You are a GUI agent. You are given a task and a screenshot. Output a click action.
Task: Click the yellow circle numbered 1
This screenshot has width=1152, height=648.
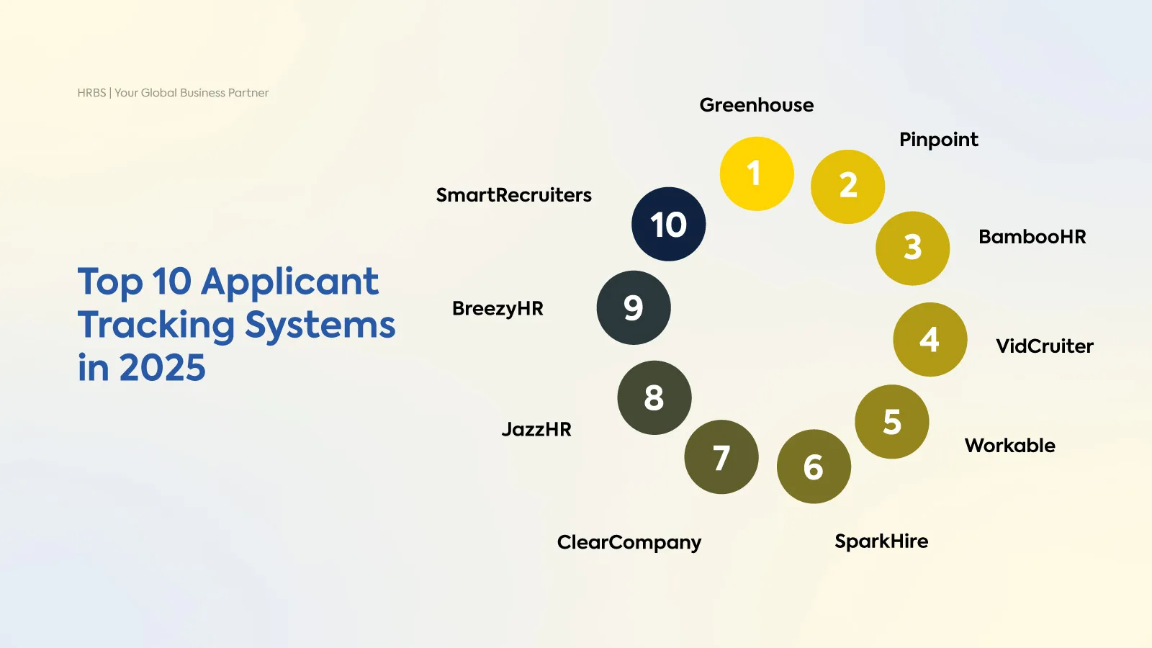pyautogui.click(x=757, y=174)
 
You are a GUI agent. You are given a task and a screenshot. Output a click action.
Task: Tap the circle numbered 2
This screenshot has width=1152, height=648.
pyautogui.click(x=847, y=186)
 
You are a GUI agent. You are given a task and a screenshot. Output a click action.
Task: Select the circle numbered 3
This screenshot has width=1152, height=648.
pyautogui.click(x=912, y=248)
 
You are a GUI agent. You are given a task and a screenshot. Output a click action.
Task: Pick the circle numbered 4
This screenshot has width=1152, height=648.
pyautogui.click(x=930, y=339)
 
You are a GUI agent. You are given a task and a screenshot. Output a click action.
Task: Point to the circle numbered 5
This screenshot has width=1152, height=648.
pyautogui.click(x=891, y=421)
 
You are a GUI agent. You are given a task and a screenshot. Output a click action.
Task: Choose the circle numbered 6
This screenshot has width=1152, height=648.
pyautogui.click(x=814, y=467)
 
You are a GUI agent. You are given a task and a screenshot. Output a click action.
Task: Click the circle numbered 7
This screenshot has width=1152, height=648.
pyautogui.click(x=721, y=456)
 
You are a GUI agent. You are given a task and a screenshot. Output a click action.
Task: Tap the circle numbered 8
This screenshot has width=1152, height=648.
pyautogui.click(x=654, y=397)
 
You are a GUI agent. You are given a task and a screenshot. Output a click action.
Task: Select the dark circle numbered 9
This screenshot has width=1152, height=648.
pyautogui.click(x=634, y=307)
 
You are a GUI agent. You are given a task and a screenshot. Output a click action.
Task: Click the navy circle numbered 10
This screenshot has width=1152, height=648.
pyautogui.click(x=668, y=224)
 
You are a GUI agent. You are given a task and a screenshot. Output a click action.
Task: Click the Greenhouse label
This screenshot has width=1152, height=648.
pyautogui.click(x=756, y=105)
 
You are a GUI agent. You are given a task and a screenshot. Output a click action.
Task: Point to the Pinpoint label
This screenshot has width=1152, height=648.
pyautogui.click(x=938, y=140)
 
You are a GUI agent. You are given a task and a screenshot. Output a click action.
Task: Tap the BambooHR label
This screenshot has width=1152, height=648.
pyautogui.click(x=1032, y=237)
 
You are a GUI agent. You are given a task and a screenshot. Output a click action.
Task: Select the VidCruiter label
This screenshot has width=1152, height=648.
pyautogui.click(x=1044, y=346)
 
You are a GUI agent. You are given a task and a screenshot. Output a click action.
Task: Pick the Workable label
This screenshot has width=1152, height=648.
pyautogui.click(x=1009, y=446)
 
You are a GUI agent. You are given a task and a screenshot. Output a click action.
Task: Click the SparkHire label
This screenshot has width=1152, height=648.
pyautogui.click(x=881, y=541)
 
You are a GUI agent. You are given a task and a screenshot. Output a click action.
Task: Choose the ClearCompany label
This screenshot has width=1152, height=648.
pyautogui.click(x=629, y=542)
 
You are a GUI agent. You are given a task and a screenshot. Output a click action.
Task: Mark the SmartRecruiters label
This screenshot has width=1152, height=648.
pyautogui.click(x=513, y=195)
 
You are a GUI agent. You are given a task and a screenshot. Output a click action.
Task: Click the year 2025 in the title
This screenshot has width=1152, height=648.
pyautogui.click(x=162, y=368)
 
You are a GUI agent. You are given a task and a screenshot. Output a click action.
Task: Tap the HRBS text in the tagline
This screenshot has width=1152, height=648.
pyautogui.click(x=91, y=93)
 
